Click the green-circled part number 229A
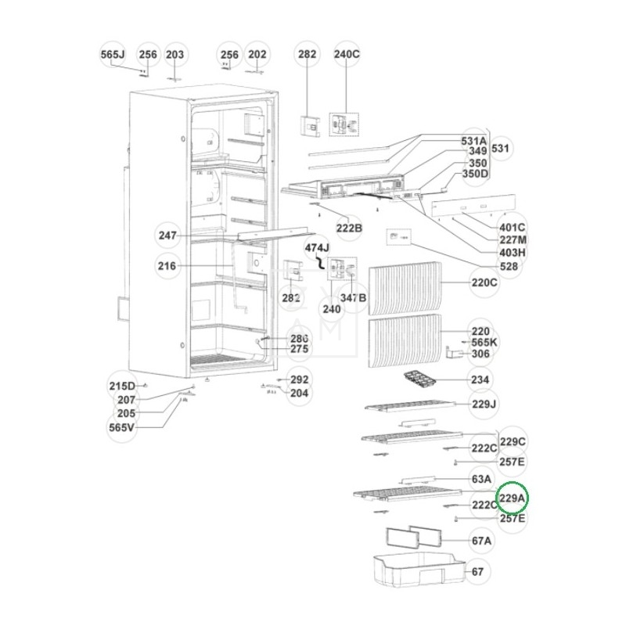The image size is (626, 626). [x=513, y=498]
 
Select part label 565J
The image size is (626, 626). [x=113, y=55]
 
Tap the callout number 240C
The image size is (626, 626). [x=347, y=55]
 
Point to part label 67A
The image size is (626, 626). [x=481, y=541]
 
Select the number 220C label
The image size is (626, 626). [x=484, y=282]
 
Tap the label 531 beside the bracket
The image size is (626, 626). [x=500, y=147]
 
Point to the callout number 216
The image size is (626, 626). [x=167, y=267]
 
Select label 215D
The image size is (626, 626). [x=122, y=386]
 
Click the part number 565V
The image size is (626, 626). [x=122, y=427]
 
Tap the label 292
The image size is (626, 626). [x=299, y=380]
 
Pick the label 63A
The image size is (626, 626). [x=481, y=479]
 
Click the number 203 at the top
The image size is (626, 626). [x=175, y=55]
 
